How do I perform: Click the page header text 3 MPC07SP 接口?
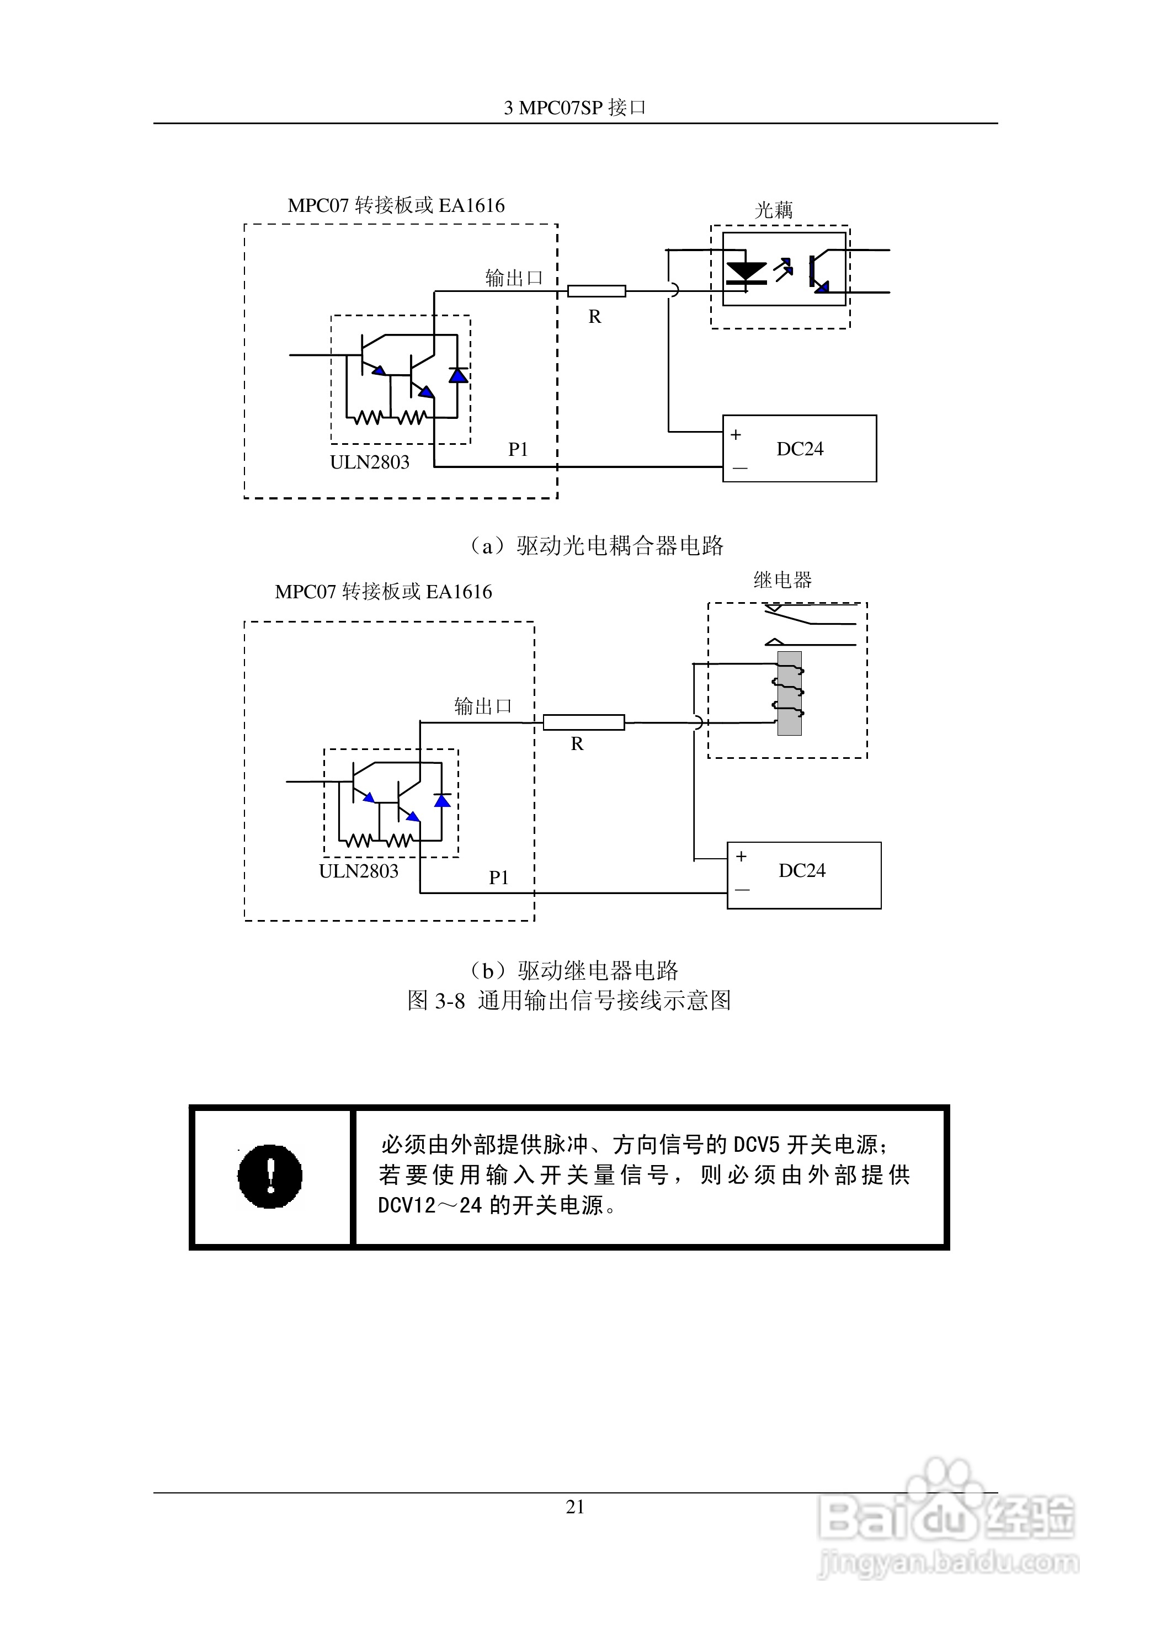point(574,107)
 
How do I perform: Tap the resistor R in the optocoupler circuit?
point(597,290)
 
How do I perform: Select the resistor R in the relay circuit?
point(583,722)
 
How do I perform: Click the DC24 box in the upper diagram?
point(799,449)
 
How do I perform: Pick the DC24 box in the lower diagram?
point(803,875)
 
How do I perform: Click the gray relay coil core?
point(789,693)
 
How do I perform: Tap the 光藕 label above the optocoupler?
point(774,210)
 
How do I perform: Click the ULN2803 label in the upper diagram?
point(369,462)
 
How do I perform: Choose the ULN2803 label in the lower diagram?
point(359,871)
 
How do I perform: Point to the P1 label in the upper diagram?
point(518,449)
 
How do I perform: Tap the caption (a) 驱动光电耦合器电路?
point(595,546)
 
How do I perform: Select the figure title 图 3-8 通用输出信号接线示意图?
point(569,1001)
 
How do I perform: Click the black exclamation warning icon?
point(270,1176)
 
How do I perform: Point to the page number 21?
point(574,1507)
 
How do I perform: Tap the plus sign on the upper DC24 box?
point(736,434)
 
